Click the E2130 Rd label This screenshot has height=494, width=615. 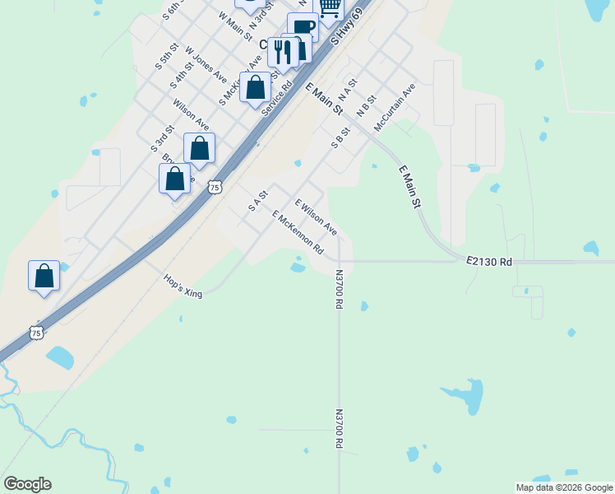pyautogui.click(x=488, y=261)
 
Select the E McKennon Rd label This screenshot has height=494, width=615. pyautogui.click(x=298, y=232)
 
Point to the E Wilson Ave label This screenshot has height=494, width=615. pyautogui.click(x=316, y=217)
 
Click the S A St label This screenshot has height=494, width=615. pyautogui.click(x=258, y=200)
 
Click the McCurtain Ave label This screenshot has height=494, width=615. pyautogui.click(x=395, y=106)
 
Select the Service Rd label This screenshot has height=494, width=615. pyautogui.click(x=277, y=96)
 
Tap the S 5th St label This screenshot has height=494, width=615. pyautogui.click(x=167, y=56)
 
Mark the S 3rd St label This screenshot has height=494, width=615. pyautogui.click(x=163, y=138)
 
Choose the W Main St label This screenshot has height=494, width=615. pyautogui.click(x=235, y=26)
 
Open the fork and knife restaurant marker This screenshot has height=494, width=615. pyautogui.click(x=283, y=51)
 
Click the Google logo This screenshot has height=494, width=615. pyautogui.click(x=27, y=484)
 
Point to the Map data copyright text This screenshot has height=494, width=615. pyautogui.click(x=565, y=487)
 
